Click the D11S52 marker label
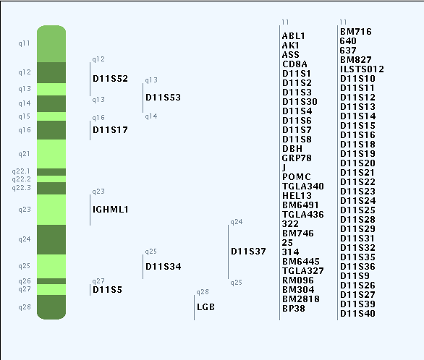point(110,79)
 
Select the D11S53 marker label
point(163,98)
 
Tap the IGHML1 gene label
point(110,210)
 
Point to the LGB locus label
point(205,307)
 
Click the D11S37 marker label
point(248,252)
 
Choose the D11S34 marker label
point(163,267)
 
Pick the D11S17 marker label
point(110,130)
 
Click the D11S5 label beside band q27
point(107,290)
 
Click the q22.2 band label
point(22,179)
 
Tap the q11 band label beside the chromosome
point(24,43)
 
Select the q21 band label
point(24,154)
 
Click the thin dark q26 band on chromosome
point(51,281)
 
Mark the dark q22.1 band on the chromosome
point(51,172)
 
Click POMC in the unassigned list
point(297,177)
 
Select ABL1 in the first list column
point(293,36)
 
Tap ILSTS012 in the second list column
point(362,69)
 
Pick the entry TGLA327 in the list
point(303,271)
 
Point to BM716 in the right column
point(355,32)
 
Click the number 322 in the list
point(290,224)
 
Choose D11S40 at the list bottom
point(357,314)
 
